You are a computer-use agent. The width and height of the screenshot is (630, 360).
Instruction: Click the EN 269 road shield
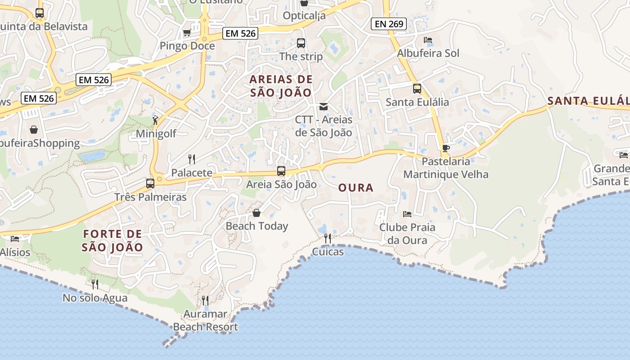click(389, 24)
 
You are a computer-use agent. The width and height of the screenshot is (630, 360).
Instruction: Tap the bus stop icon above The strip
click(301, 43)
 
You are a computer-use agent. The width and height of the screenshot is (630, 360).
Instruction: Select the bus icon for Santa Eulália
click(417, 89)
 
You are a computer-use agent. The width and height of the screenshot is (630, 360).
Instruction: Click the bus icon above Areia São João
click(281, 171)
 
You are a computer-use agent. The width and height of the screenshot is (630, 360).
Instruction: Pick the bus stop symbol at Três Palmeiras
click(150, 184)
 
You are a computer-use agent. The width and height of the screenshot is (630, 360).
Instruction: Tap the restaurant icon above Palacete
click(192, 159)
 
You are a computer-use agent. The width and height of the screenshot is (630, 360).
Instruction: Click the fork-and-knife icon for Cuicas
click(328, 238)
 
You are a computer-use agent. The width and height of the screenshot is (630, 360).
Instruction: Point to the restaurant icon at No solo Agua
click(95, 284)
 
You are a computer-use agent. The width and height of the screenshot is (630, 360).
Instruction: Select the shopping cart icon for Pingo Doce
click(187, 32)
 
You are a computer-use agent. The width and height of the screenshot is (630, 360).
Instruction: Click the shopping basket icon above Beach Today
click(256, 212)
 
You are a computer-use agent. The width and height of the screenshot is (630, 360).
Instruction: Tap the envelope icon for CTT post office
click(323, 107)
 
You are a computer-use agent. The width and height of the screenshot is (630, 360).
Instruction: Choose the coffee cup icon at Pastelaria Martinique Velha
click(445, 148)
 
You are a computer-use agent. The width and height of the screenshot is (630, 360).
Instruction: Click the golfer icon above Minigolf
click(155, 120)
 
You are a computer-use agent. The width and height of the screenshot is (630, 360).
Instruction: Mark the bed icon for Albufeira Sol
click(428, 40)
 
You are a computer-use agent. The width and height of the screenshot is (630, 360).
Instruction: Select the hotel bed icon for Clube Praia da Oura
click(407, 214)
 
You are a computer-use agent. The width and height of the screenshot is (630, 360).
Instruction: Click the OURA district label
click(355, 188)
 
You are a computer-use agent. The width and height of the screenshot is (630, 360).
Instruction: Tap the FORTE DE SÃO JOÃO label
click(112, 240)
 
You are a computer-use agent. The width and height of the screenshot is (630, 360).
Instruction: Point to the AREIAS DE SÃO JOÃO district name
click(281, 86)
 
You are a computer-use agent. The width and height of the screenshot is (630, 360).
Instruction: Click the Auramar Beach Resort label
click(206, 320)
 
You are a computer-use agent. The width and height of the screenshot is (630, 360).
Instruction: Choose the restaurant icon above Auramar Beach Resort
click(205, 300)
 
